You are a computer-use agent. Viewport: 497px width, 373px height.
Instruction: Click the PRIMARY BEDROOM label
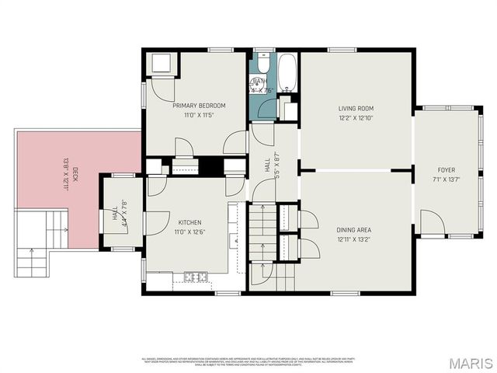pyautogui.click(x=199, y=106)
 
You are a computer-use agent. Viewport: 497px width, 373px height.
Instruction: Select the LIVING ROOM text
pyautogui.click(x=356, y=109)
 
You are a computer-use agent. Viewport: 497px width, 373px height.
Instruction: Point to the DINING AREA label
pyautogui.click(x=355, y=230)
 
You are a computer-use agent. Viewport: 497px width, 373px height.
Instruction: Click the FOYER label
pyautogui.click(x=447, y=170)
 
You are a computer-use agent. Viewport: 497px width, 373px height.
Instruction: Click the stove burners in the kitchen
pyautogui.click(x=193, y=276)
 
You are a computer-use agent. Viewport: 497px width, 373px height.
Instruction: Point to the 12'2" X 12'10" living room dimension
pyautogui.click(x=356, y=118)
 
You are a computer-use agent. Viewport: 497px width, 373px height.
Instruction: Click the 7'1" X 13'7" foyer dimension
pyautogui.click(x=447, y=180)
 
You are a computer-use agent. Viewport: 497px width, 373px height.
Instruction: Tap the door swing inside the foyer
pyautogui.click(x=433, y=222)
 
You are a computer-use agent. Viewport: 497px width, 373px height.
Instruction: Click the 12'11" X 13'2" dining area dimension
pyautogui.click(x=355, y=239)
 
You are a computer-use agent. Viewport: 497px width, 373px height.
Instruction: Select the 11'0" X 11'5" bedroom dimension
pyautogui.click(x=199, y=115)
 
